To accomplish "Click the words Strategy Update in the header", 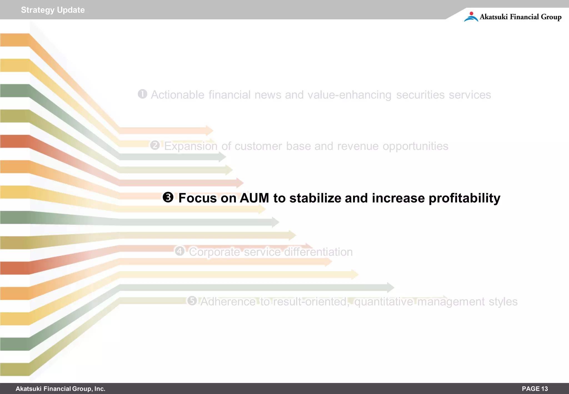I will pos(53,10).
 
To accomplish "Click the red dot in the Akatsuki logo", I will pos(471,13).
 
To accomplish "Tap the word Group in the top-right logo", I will pos(551,17).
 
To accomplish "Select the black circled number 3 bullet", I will pos(168,198).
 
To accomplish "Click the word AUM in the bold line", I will pos(254,198).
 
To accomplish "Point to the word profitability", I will pos(464,198).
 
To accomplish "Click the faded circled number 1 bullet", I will pos(143,94).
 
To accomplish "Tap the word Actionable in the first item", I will pos(178,95).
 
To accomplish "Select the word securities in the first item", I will pos(420,95).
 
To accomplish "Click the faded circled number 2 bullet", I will pos(155,145).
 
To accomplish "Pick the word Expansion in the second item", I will pos(191,146).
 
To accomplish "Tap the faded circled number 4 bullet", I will pos(180,251).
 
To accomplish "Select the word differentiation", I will pos(318,252).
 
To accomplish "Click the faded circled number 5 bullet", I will pos(192,301).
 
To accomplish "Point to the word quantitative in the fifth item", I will pos(384,302).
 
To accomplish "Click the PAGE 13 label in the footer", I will pos(535,389).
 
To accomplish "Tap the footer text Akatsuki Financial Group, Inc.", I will pos(60,389).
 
